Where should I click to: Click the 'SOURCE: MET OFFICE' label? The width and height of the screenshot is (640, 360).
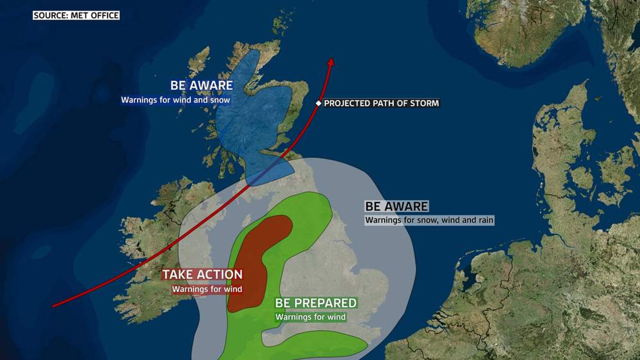click(76, 15)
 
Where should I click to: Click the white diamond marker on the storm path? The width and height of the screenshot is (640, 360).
click(318, 103)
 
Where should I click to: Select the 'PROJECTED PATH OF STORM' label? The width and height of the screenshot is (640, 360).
click(381, 103)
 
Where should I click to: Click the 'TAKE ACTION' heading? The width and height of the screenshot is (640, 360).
click(202, 274)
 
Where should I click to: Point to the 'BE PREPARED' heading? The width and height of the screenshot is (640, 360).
click(316, 303)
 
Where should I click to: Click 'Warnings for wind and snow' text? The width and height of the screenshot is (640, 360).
click(176, 100)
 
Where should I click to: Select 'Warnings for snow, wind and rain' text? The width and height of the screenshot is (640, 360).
click(429, 220)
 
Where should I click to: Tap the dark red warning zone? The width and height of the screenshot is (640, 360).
click(250, 269)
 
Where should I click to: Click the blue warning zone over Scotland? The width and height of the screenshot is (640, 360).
click(250, 119)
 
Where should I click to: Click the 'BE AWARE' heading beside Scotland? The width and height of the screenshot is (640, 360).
click(202, 85)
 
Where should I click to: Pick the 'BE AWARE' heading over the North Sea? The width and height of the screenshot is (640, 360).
click(397, 206)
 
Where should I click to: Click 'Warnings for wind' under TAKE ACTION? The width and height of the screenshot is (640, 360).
click(207, 289)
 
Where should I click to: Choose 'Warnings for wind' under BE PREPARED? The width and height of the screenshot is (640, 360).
click(311, 317)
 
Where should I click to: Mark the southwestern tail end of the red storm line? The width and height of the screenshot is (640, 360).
click(54, 306)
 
